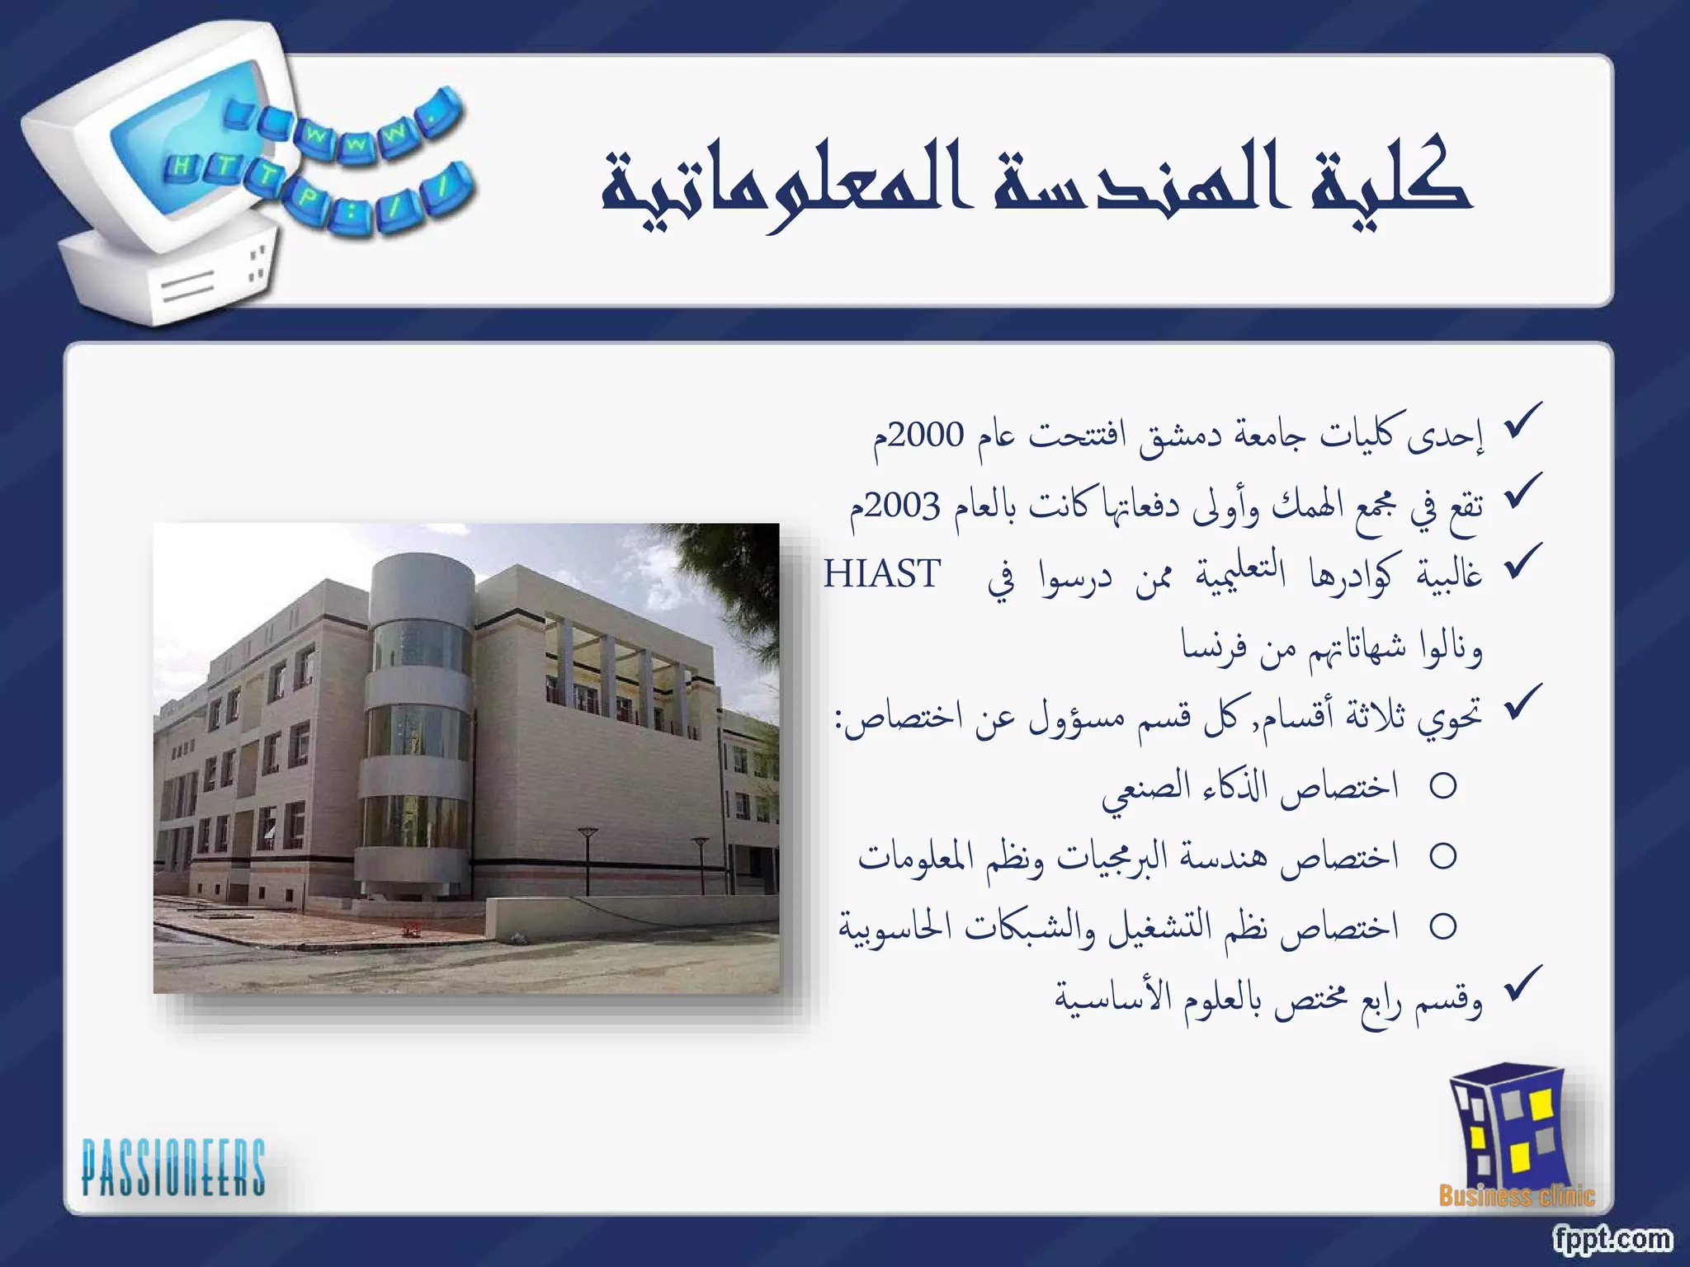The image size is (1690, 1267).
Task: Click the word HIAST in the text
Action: pos(882,574)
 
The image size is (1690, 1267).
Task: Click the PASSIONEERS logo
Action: pos(173,1166)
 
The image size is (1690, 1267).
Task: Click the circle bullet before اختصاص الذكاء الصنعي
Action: pos(1443,786)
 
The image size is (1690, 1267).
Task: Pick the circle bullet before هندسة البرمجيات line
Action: pos(1443,856)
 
